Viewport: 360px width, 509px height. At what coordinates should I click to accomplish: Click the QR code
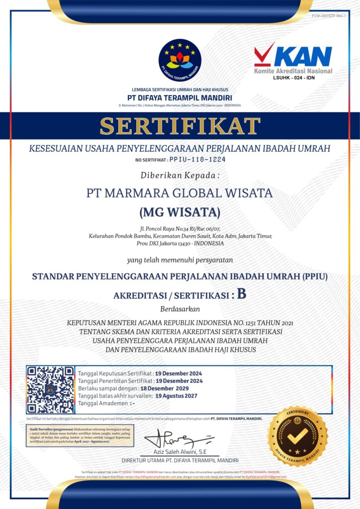click(x=50, y=390)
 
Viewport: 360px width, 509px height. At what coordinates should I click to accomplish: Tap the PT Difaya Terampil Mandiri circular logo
click(x=180, y=60)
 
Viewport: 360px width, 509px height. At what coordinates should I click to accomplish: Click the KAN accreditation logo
click(x=293, y=59)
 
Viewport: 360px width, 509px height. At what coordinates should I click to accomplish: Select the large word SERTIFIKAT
click(x=180, y=126)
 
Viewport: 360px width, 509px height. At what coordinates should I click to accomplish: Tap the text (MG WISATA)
click(x=180, y=213)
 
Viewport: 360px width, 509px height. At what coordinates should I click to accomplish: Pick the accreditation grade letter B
click(x=242, y=294)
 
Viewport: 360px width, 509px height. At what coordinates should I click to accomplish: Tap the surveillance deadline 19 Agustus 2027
click(x=176, y=396)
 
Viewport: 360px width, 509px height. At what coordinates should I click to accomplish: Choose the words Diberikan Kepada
click(x=180, y=175)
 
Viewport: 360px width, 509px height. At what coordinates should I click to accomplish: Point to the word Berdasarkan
click(x=180, y=308)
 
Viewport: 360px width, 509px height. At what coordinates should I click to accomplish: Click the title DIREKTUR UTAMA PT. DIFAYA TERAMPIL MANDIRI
click(x=180, y=460)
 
